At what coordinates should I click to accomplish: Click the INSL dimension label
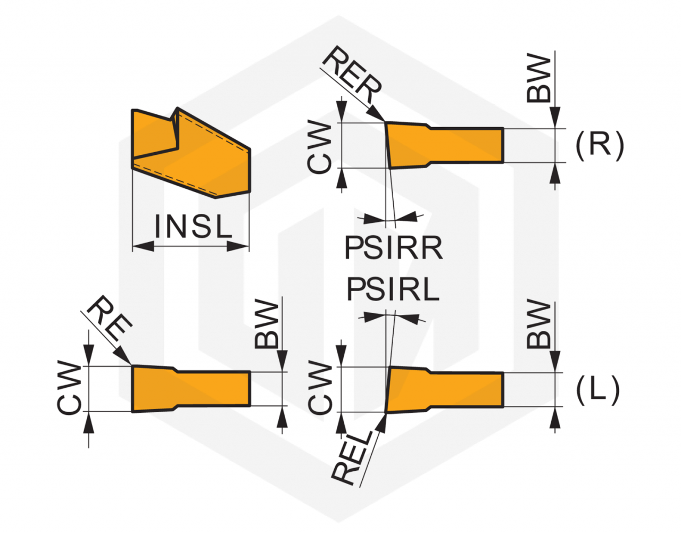coord(193,226)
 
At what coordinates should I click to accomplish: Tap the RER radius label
coord(352,75)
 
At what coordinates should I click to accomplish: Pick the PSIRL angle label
coord(393,290)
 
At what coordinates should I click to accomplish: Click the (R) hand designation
coord(600,145)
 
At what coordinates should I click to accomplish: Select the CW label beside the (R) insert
coord(319,147)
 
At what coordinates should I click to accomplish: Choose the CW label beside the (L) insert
coord(320,387)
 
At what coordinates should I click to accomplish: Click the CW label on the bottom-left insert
coord(69,388)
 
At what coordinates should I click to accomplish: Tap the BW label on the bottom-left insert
coord(266,325)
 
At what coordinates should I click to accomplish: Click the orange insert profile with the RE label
coord(191,389)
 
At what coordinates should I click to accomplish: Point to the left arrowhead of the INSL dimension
coord(143,246)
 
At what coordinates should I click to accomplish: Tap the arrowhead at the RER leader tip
coord(376,113)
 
